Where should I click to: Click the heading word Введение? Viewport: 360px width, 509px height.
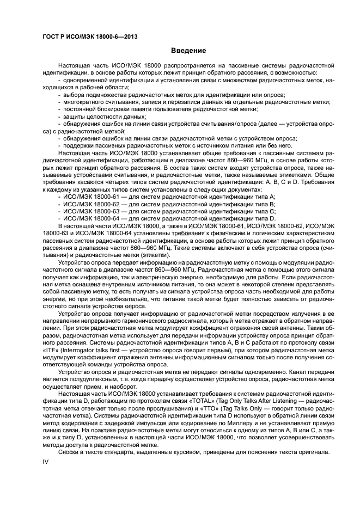pos(188,51)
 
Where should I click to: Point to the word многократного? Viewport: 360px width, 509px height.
pos(84,101)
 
